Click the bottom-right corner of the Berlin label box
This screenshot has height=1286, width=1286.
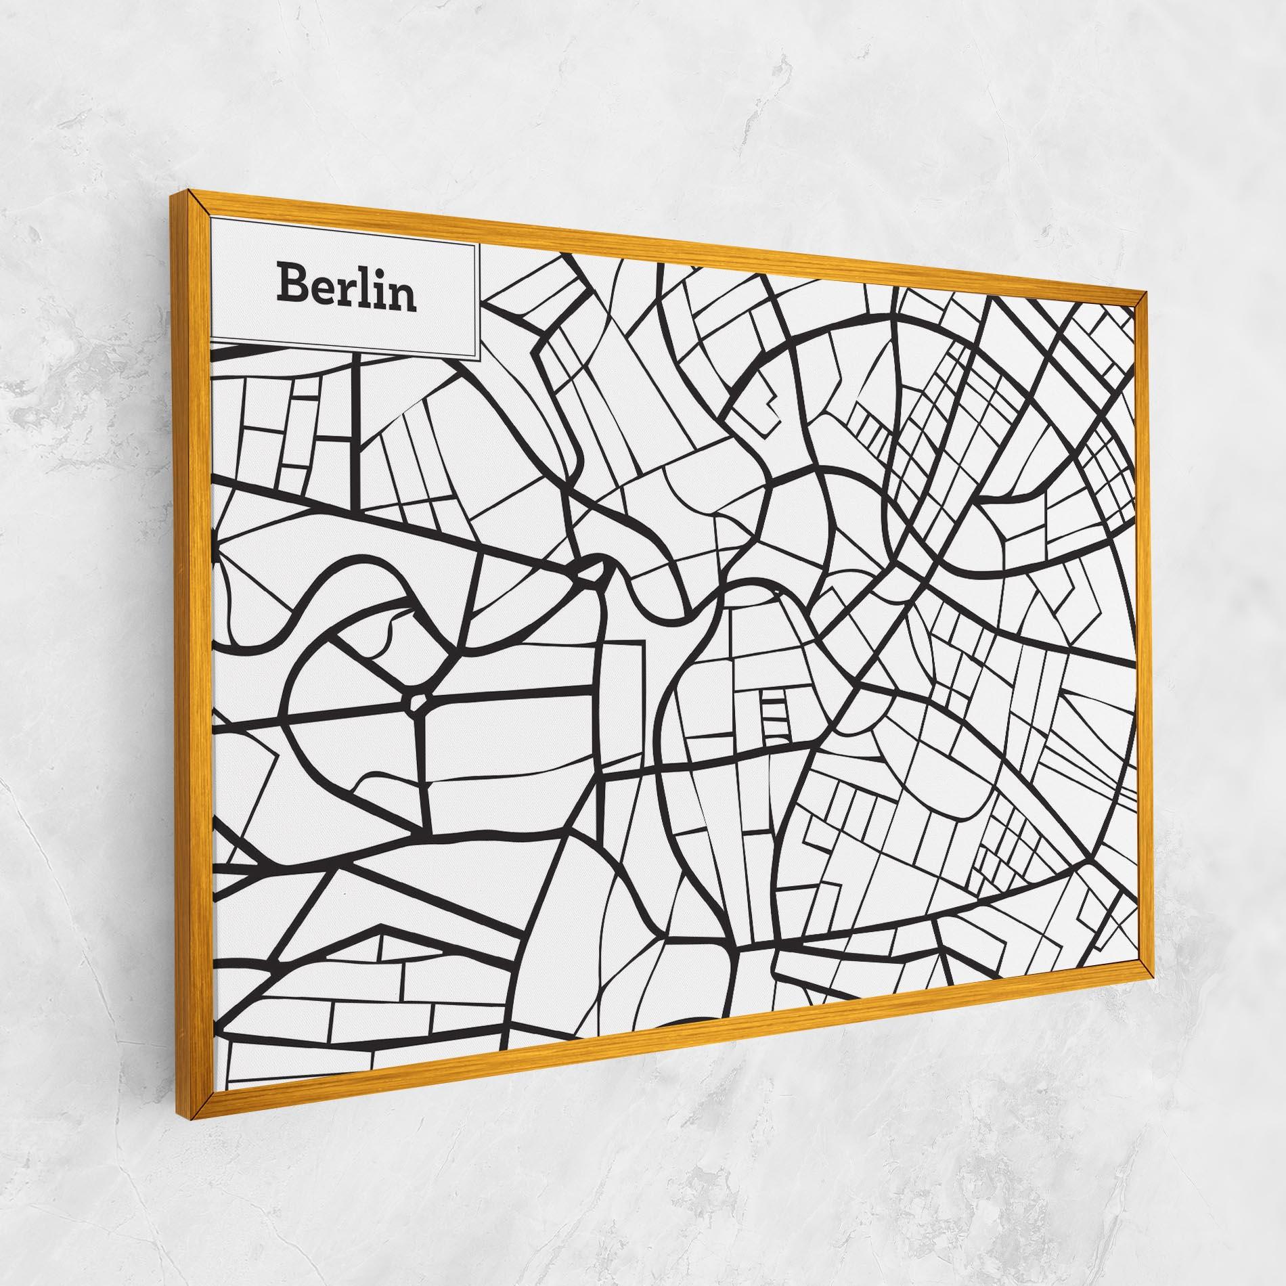point(479,359)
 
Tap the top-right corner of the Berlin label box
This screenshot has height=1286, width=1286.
point(479,246)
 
